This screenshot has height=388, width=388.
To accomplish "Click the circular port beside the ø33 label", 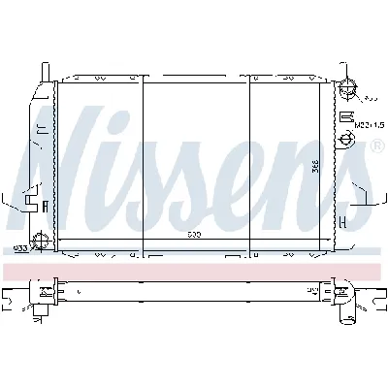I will [40, 242].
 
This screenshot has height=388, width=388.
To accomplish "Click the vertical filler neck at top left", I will [44, 74].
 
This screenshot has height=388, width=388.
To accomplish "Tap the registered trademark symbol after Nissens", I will [376, 146].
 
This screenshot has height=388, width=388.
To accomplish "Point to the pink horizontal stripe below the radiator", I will [194, 266].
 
